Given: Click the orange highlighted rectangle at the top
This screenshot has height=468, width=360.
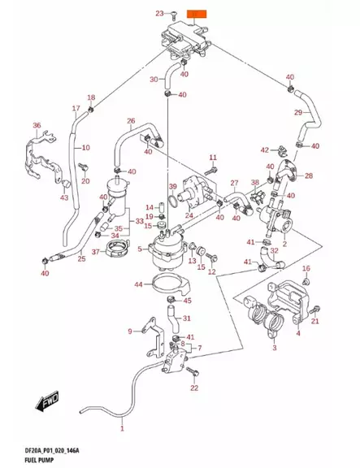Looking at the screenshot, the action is (x=197, y=14).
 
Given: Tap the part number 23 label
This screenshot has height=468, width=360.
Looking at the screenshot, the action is (x=160, y=14).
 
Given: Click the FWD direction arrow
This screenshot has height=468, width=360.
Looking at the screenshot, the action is (x=47, y=401).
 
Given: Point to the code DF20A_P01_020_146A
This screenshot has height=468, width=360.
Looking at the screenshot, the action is (x=52, y=451).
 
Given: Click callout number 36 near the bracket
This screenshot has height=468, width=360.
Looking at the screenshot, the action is (x=37, y=125).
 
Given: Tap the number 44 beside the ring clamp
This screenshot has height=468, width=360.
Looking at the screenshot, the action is (x=138, y=284).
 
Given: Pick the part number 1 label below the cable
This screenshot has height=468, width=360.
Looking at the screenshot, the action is (x=122, y=429).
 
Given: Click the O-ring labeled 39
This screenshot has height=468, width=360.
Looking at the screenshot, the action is (x=173, y=200).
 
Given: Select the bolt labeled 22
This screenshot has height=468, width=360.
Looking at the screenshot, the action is (x=193, y=372).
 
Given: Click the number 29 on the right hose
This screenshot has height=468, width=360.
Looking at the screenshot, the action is (x=298, y=112).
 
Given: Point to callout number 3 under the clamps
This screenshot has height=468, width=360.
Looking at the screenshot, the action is (x=275, y=348).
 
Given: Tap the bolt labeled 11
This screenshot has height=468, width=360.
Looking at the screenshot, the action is (x=210, y=171).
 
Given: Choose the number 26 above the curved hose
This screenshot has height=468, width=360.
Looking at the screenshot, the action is (x=131, y=121).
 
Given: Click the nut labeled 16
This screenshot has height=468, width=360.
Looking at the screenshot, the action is (x=306, y=281).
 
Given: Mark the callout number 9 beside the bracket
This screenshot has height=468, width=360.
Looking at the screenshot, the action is (x=130, y=331).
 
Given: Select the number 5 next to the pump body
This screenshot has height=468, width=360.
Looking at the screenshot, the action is (x=140, y=249).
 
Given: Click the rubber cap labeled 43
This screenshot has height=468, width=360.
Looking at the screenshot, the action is (x=66, y=184).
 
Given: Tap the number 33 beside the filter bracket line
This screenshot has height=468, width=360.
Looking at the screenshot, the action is (x=140, y=221).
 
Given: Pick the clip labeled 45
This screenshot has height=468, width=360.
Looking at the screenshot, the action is (x=171, y=298).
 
